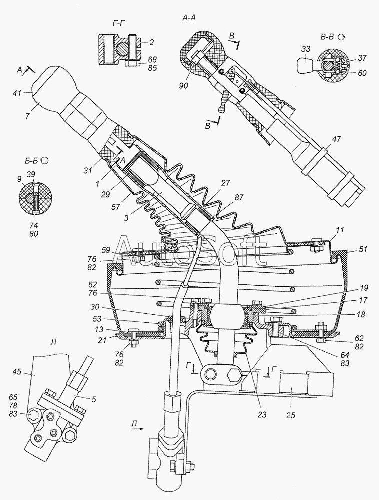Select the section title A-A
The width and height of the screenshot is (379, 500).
pyautogui.click(x=189, y=18)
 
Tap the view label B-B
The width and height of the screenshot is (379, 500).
pyautogui.click(x=327, y=37)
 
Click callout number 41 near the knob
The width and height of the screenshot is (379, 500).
pyautogui.click(x=17, y=93)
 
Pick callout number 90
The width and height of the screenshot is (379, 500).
pyautogui.click(x=184, y=85)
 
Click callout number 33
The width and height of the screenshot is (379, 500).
pyautogui.click(x=306, y=49)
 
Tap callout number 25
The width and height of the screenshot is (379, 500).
pyautogui.click(x=291, y=415)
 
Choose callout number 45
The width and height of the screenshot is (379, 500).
pyautogui.click(x=17, y=372)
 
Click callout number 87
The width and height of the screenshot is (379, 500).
pyautogui.click(x=239, y=197)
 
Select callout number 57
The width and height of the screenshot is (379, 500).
pyautogui.click(x=116, y=207)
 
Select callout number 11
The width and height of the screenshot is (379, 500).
pyautogui.click(x=340, y=229)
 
